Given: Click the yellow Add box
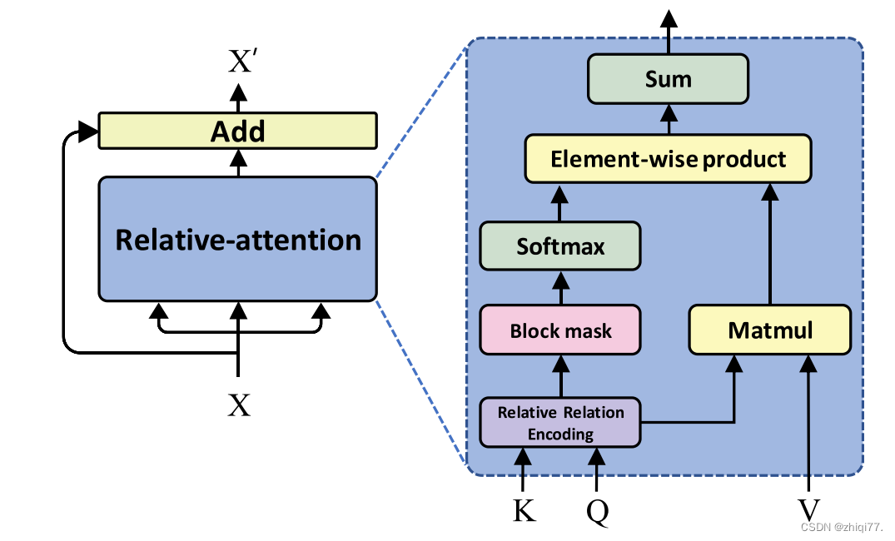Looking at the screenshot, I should click(237, 132).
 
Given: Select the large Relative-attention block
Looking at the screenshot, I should click(237, 240).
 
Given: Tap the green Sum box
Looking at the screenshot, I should click(668, 79).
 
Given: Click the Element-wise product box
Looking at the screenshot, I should click(668, 158).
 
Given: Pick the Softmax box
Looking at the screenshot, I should click(560, 246).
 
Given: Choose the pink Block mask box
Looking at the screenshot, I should click(560, 330).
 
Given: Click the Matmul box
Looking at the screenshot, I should click(770, 330).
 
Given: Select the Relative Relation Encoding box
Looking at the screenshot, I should click(560, 423).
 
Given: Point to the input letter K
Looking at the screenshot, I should click(524, 510).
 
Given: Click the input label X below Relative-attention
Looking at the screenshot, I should click(239, 405).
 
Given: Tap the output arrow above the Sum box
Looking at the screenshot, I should click(668, 29).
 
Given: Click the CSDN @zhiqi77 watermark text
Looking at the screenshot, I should click(841, 527).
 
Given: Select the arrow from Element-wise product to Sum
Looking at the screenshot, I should click(668, 119).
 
